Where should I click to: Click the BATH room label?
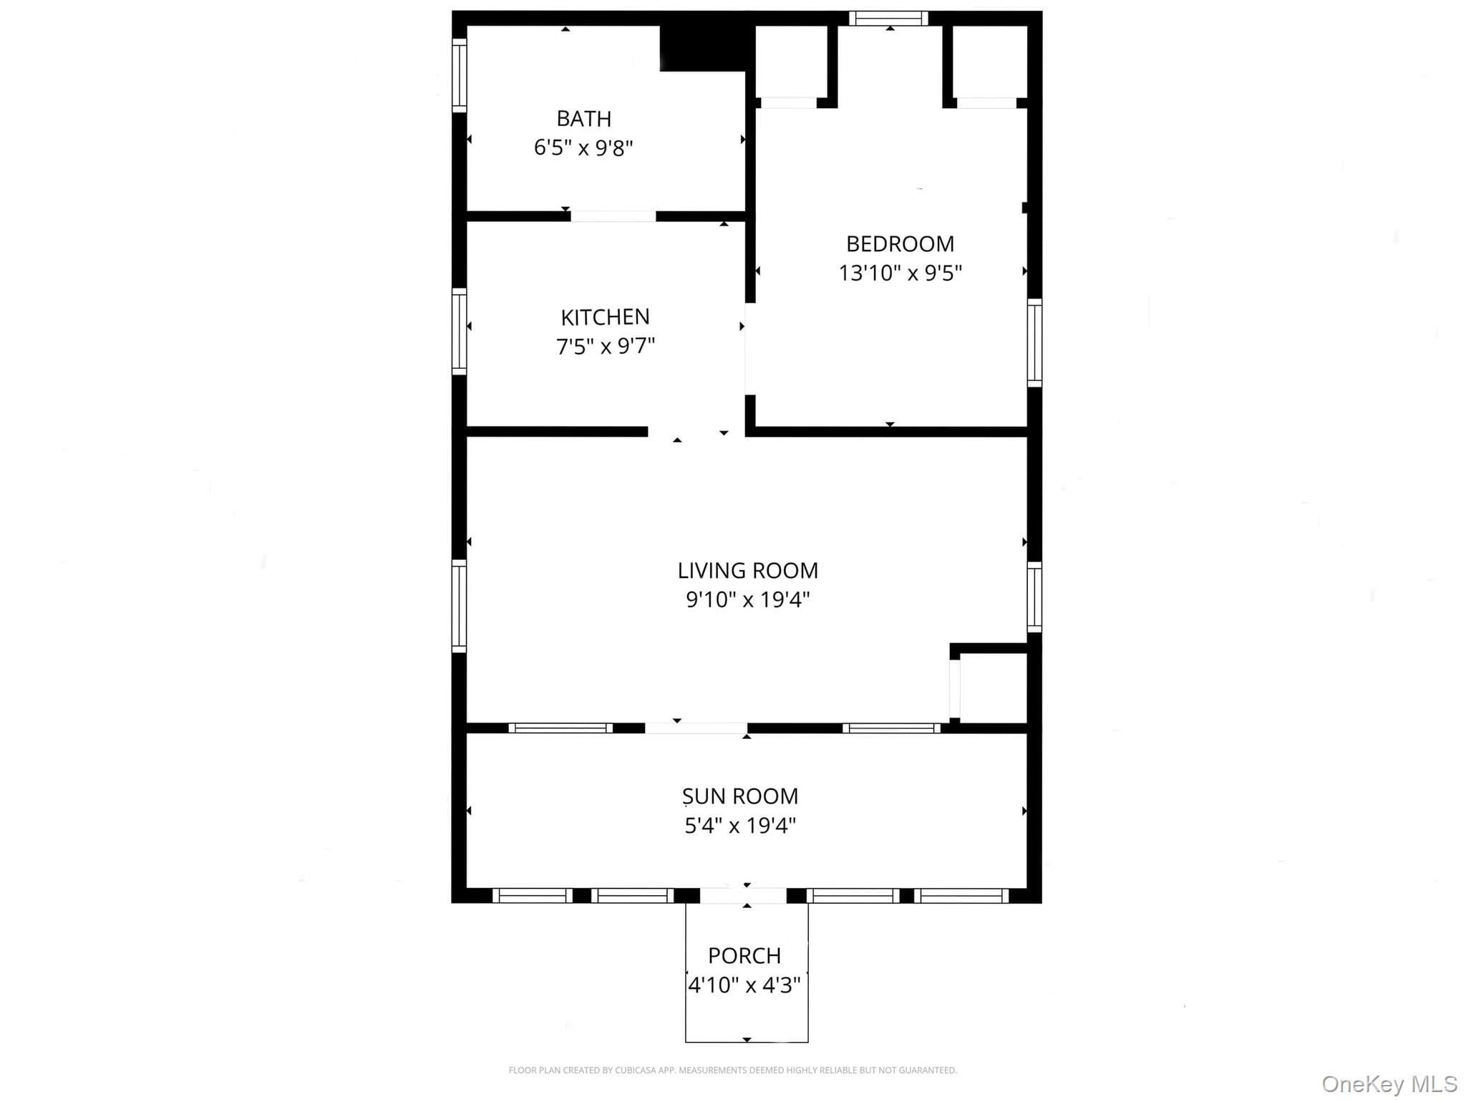click(x=584, y=118)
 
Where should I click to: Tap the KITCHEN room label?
click(x=605, y=317)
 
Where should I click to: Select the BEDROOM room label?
click(x=900, y=243)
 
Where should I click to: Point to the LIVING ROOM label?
click(x=747, y=570)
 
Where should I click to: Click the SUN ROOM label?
click(x=740, y=796)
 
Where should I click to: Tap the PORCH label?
click(x=744, y=955)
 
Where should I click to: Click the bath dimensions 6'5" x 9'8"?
click(x=583, y=148)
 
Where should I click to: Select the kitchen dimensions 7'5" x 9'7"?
click(x=606, y=346)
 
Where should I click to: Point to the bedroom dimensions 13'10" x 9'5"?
click(x=900, y=273)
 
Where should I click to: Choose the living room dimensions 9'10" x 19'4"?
click(x=747, y=599)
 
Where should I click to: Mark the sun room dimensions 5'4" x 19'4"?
click(x=740, y=826)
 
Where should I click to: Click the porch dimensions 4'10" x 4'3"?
click(x=744, y=985)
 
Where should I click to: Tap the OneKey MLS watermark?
click(x=1389, y=1084)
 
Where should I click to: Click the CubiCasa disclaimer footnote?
click(x=732, y=1070)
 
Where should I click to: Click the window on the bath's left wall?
click(x=459, y=75)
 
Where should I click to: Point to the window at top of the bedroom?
click(x=888, y=19)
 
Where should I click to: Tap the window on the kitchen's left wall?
click(x=459, y=332)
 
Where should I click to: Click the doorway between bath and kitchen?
click(x=613, y=216)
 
